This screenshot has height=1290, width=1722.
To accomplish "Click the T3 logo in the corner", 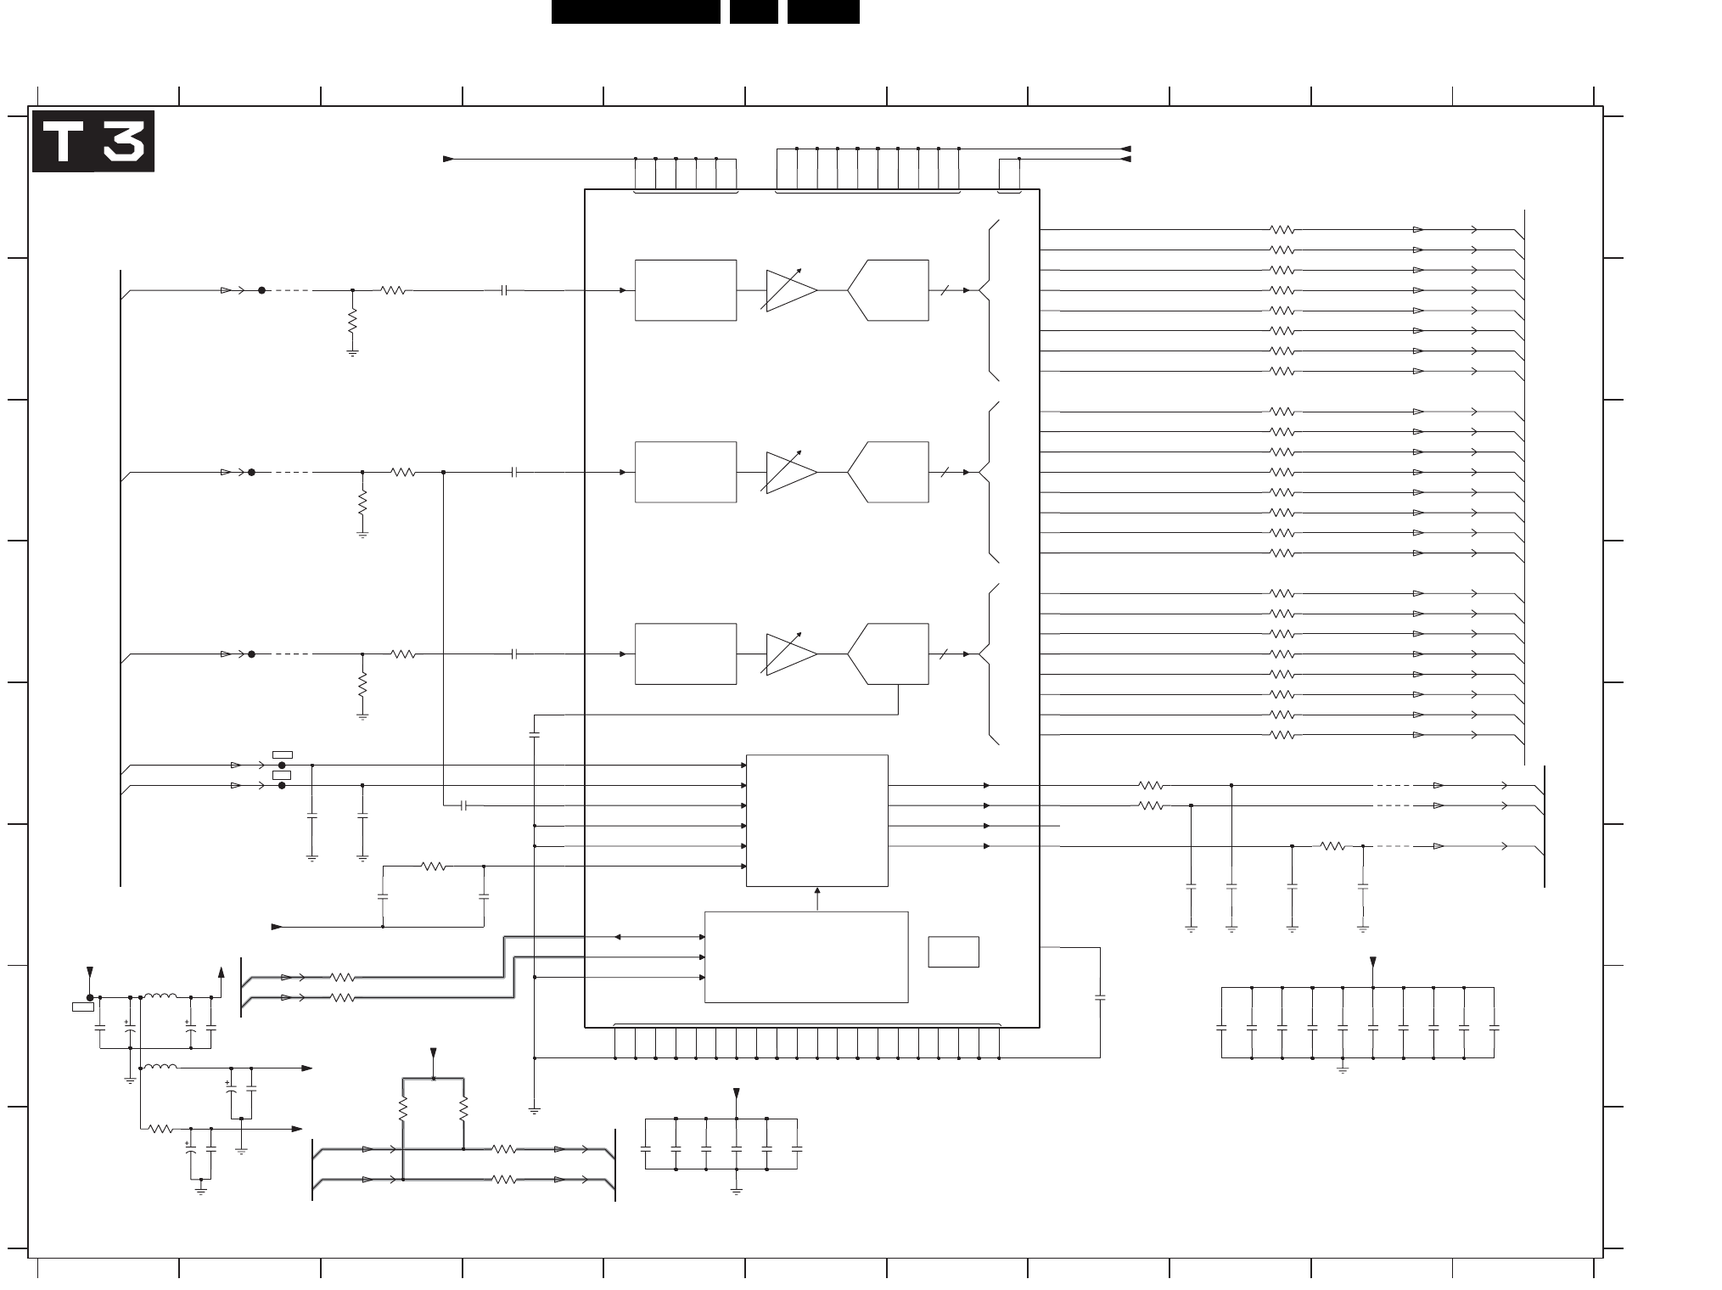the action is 93,142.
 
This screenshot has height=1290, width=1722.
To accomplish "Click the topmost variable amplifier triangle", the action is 791,290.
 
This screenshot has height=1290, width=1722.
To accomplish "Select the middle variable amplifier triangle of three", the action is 791,472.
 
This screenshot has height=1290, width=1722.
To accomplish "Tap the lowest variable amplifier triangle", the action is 791,654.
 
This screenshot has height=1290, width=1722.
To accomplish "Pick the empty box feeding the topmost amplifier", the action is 686,290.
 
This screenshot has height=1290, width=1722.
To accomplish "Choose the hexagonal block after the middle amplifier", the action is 888,472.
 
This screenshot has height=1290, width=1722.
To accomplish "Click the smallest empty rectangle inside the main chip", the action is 954,951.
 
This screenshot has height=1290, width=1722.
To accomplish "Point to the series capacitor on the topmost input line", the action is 504,290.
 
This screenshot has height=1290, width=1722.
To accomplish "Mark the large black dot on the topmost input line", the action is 261,290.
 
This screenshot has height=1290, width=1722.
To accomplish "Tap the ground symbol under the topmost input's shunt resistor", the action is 352,352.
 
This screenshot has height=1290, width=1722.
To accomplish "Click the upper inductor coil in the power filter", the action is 160,996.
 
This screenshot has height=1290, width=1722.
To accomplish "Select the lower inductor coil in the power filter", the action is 160,1067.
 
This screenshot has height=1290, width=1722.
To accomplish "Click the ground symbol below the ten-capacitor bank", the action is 1343,1069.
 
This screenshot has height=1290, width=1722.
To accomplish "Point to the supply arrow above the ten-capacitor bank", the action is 1373,963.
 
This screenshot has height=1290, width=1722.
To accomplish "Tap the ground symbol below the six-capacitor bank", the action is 736,1191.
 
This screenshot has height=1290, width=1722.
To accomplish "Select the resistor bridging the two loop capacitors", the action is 434,867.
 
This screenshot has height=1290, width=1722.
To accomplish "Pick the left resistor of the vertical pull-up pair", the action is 403,1108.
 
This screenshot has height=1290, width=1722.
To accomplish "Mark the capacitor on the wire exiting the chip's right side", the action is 1101,998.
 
